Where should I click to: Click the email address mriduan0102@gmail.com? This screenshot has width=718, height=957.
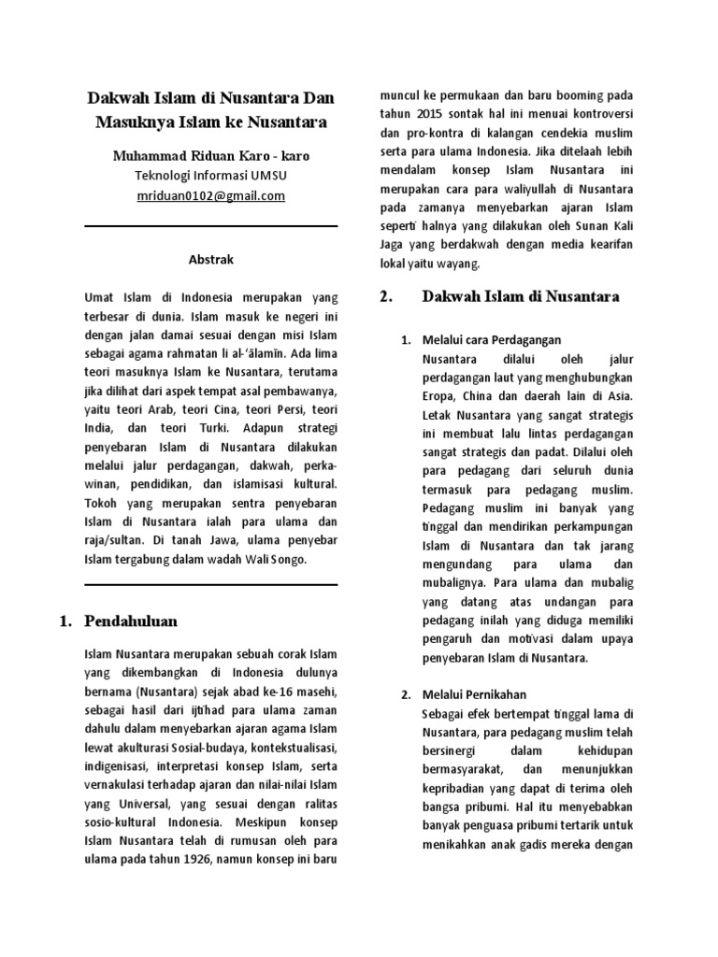(x=210, y=196)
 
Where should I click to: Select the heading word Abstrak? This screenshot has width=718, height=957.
(x=210, y=259)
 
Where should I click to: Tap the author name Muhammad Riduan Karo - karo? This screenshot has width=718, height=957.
(x=210, y=155)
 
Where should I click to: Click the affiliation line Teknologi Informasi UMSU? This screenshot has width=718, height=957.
(x=210, y=176)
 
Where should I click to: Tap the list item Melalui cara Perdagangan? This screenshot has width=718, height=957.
(x=492, y=340)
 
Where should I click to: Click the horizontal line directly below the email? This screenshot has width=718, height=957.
(x=210, y=226)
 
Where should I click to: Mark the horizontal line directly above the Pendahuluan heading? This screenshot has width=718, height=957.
(x=210, y=585)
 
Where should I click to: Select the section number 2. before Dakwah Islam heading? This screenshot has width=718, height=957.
(x=385, y=297)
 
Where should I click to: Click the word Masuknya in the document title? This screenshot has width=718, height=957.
(x=134, y=121)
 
